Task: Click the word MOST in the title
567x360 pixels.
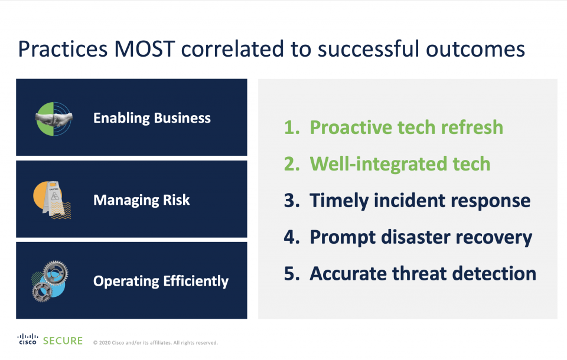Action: pos(145,49)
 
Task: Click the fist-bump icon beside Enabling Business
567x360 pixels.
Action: pos(54,119)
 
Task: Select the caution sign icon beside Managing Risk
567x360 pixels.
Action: pos(52,200)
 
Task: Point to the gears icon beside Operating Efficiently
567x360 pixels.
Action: pos(50,281)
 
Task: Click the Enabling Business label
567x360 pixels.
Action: pos(152,118)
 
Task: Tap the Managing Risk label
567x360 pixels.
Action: pos(141,200)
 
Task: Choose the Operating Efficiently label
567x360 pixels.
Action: pos(161,281)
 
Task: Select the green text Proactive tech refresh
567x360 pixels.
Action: pos(406,127)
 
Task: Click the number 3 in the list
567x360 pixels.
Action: pos(292,201)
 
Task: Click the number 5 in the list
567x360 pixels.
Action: pos(292,274)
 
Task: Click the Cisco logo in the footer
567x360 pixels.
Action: pos(28,339)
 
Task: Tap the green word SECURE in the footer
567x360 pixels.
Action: pos(63,341)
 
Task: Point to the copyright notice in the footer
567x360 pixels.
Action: pos(155,343)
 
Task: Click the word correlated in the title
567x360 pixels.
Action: pos(232,49)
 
